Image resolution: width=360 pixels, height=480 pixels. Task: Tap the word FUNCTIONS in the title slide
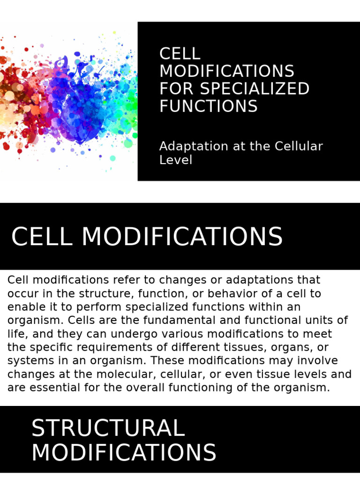209,106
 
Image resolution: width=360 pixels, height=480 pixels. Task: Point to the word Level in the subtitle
176,160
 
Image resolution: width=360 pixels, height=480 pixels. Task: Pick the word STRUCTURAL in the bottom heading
108,428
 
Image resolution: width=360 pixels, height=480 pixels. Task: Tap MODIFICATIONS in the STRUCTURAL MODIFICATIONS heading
124,453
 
